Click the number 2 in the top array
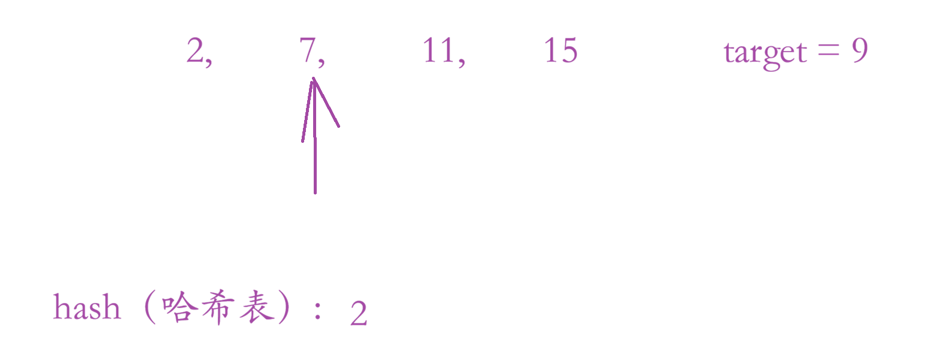[196, 50]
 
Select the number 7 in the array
[308, 50]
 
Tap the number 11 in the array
[438, 50]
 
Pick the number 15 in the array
[560, 50]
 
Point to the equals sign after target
[828, 50]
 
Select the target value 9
[860, 50]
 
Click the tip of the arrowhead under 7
[314, 79]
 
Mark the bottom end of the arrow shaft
[315, 193]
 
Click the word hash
[86, 308]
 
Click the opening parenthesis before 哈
[150, 308]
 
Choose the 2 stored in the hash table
[358, 314]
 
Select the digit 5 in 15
[568, 50]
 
